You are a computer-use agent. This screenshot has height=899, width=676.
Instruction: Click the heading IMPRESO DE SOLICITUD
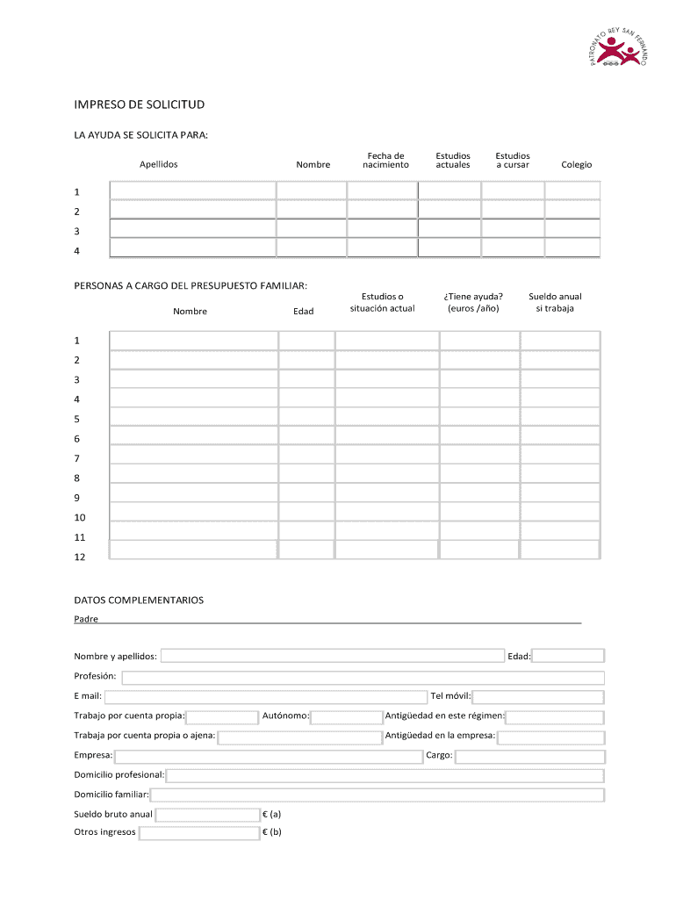coord(139,104)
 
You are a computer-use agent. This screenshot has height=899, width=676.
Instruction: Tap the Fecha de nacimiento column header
coord(386,159)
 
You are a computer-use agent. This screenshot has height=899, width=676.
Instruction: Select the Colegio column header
coord(577,164)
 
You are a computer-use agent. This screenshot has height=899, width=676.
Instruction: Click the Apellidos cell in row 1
coord(192,191)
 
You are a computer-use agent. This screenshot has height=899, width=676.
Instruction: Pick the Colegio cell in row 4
coord(572,248)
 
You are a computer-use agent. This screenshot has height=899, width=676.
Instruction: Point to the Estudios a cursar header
coord(513,159)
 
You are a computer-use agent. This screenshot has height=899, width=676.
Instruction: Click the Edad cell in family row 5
coord(306,418)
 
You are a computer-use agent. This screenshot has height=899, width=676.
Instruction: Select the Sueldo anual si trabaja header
coord(555,302)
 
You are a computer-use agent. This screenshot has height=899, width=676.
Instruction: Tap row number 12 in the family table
coord(80,557)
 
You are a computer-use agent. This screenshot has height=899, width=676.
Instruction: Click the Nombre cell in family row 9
coord(193,493)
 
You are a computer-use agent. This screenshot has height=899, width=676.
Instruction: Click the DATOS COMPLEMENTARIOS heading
coord(139,601)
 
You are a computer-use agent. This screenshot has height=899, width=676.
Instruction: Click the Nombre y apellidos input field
coord(332,656)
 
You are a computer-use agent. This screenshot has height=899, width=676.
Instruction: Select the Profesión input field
coord(363,677)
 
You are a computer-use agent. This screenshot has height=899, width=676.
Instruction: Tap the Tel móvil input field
coord(538,697)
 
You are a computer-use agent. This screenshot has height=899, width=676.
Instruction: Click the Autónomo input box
coord(346,716)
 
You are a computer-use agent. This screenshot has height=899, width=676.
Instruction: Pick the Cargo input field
coord(529,756)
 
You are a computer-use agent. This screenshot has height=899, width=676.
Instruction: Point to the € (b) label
coord(272,832)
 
